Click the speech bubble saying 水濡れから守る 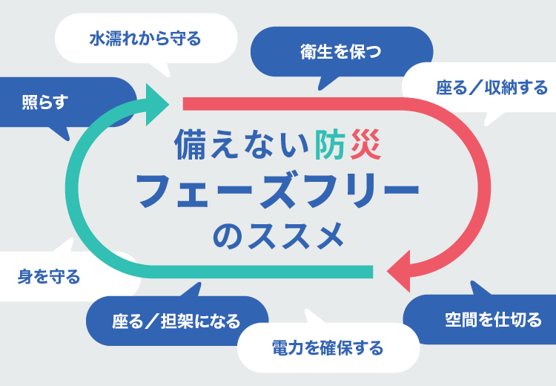(145, 38)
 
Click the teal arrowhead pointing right (159, 103)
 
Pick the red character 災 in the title (364, 144)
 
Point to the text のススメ (278, 237)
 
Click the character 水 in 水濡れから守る (97, 38)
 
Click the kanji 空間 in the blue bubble (460, 320)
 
